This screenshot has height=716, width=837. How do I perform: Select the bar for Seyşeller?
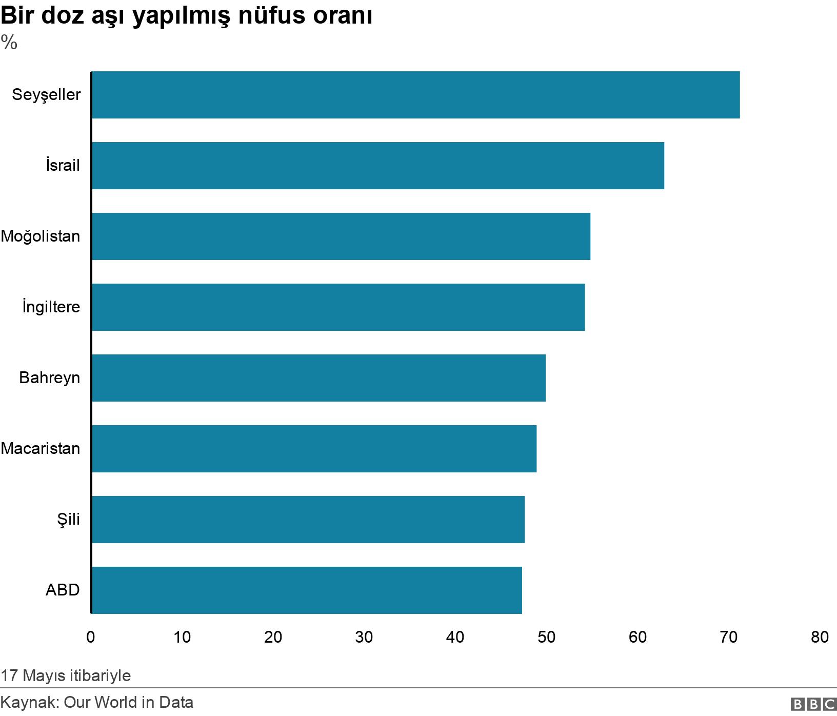click(415, 95)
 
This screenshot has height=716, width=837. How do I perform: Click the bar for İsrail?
click(378, 166)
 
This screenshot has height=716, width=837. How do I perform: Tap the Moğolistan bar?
click(341, 236)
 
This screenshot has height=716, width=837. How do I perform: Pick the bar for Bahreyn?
click(318, 378)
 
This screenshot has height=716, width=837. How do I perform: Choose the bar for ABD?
click(307, 590)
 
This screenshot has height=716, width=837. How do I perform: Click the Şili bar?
click(308, 520)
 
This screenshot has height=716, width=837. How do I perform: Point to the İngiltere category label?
click(51, 307)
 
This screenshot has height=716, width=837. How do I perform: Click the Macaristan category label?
click(41, 449)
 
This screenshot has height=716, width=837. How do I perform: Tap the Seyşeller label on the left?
click(46, 95)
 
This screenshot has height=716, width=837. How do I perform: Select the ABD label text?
click(63, 590)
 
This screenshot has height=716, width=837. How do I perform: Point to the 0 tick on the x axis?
click(91, 637)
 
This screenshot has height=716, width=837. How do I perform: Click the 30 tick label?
click(364, 637)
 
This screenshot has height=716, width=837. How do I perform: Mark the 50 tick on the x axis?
click(546, 637)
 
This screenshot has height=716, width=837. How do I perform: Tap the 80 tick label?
click(820, 637)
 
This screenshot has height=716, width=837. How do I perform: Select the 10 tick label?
click(182, 637)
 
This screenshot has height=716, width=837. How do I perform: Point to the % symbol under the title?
click(9, 43)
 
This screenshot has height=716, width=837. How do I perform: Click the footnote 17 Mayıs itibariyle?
click(66, 675)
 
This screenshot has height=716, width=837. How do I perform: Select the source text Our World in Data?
click(128, 702)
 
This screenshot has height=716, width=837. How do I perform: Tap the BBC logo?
click(813, 704)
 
